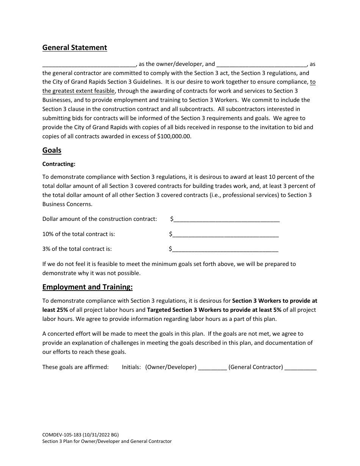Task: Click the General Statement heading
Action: coord(75,48)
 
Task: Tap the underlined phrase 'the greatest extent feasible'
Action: coord(78,91)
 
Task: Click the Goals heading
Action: coord(52,150)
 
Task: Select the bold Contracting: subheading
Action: coord(59,164)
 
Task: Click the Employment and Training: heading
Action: coord(88,287)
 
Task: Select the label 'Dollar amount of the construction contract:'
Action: coord(100,219)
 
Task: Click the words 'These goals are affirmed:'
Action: coord(75,367)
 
